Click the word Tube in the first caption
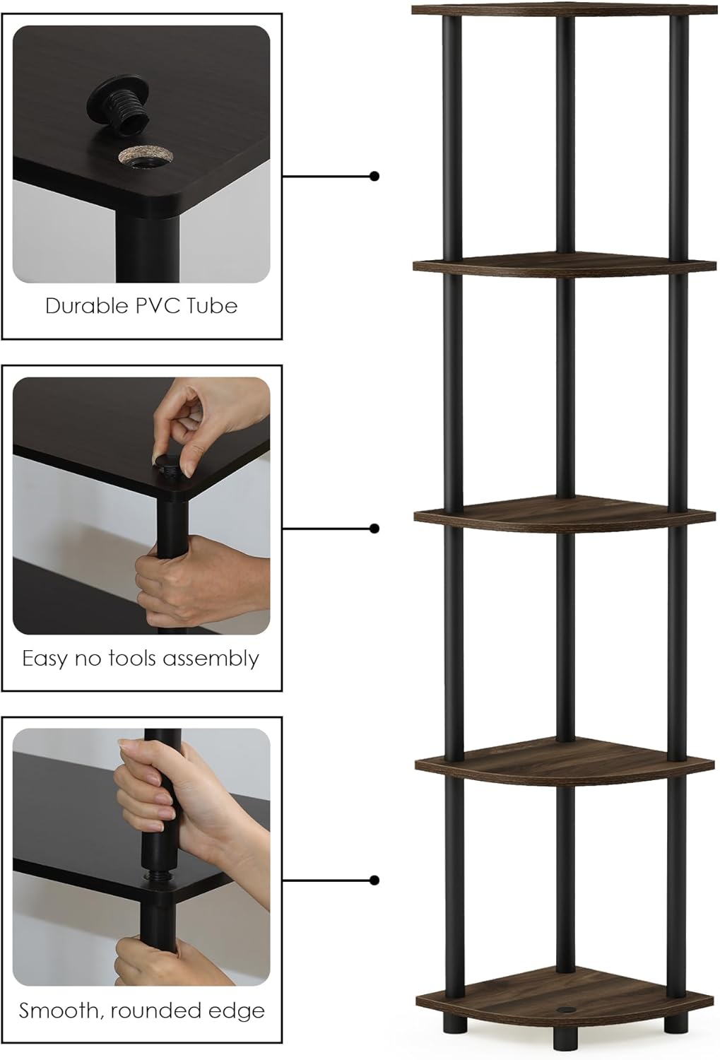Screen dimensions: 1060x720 213,306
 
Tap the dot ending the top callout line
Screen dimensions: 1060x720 374,176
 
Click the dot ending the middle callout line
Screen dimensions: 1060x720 374,529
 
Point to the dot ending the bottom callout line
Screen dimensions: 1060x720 374,881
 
